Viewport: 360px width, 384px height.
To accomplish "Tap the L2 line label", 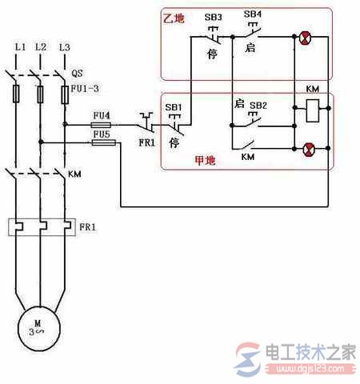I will click(x=41, y=47).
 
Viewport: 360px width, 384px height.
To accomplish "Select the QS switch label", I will click(x=78, y=70).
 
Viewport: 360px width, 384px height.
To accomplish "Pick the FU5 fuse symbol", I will click(x=102, y=144).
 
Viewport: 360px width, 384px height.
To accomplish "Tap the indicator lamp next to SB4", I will click(x=305, y=36).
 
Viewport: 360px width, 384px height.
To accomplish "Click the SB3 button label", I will click(x=214, y=15).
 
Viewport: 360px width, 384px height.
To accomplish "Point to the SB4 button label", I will click(x=251, y=15).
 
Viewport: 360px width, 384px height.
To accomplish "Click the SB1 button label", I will click(x=174, y=106).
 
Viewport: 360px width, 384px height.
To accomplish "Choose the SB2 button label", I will click(x=258, y=105).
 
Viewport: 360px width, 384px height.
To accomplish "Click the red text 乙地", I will click(x=174, y=17).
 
